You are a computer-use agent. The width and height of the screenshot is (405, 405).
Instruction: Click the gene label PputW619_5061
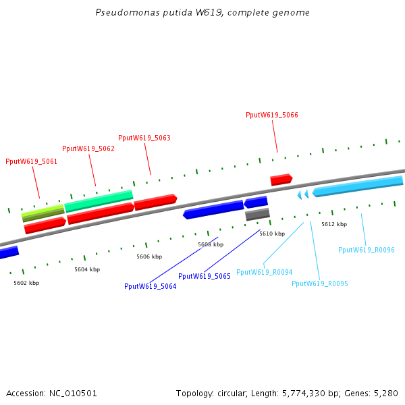31,161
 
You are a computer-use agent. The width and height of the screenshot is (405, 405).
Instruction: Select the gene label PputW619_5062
88,148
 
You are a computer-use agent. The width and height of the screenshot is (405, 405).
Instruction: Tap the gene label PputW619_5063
144,138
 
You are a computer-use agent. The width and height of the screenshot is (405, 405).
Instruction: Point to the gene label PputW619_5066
271,115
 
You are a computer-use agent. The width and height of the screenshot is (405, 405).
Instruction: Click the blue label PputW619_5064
150,286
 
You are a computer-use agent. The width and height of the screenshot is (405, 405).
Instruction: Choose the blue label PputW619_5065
205,276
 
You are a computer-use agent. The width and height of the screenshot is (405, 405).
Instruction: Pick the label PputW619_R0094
264,272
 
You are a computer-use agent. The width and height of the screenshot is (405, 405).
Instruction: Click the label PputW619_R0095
320,283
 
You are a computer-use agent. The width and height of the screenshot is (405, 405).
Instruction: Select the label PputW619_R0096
366,250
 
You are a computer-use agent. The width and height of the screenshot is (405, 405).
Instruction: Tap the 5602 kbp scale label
26,283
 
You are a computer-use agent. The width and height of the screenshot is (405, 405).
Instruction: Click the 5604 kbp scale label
87,269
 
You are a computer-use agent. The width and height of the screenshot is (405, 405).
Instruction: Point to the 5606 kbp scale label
149,256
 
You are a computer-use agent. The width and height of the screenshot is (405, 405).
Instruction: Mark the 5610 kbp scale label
272,234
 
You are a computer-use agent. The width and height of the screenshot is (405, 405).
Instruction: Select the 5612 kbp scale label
334,224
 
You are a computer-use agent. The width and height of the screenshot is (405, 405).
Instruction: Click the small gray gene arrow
257,215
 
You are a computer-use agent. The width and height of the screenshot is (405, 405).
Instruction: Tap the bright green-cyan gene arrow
99,200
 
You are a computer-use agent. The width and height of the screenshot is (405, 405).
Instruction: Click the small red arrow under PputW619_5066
281,180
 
